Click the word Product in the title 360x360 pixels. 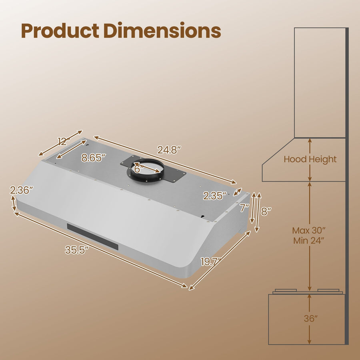(60, 30)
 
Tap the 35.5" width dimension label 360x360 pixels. (77, 250)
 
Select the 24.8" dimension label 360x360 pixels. (169, 150)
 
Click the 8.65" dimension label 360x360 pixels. (94, 158)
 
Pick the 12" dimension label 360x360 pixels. (64, 141)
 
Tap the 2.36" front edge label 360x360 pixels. (22, 190)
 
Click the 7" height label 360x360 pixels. (244, 208)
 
